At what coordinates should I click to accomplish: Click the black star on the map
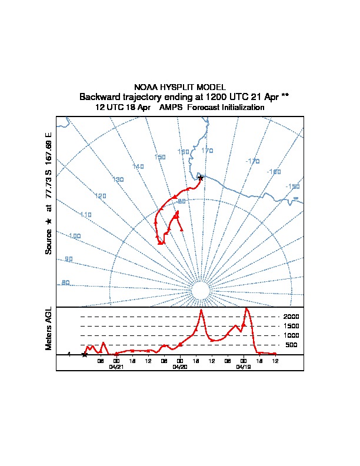pos(201,178)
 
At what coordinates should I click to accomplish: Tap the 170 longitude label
pos(207,151)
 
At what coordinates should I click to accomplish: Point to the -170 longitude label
pos(252,161)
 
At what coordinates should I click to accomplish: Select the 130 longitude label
pos(118,179)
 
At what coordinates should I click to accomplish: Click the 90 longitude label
pos(69,259)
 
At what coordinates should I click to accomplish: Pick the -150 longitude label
pos(292,187)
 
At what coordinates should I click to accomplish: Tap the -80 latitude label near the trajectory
pos(181,201)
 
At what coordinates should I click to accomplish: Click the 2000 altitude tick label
pos(291,317)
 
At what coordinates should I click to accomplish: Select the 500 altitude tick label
pos(291,345)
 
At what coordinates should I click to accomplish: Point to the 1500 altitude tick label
pos(291,326)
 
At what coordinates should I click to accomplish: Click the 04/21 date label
pos(116,366)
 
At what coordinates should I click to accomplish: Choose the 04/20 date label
pos(179,366)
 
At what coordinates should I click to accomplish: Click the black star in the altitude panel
pos(84,354)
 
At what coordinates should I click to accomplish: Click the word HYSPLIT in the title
pos(179,87)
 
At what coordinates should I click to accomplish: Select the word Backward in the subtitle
pos(97,96)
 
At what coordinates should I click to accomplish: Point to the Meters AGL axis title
pos(49,328)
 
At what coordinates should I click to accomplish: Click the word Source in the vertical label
pos(49,241)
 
